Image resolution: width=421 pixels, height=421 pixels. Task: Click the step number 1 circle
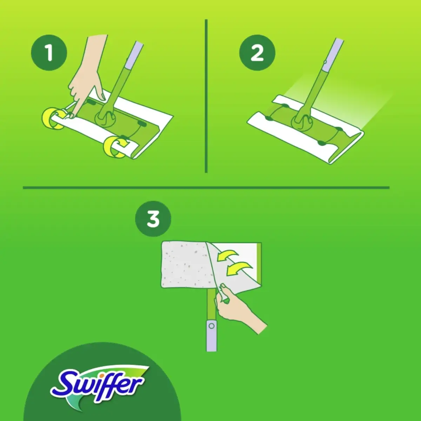pyautogui.click(x=49, y=53)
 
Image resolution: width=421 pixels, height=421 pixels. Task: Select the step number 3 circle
pyautogui.click(x=153, y=219)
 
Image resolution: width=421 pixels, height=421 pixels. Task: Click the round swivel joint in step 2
pyautogui.click(x=302, y=121)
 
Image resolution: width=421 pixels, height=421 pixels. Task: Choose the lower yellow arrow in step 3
pyautogui.click(x=239, y=268)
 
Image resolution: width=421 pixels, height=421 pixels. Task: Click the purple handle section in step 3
pyautogui.click(x=211, y=335)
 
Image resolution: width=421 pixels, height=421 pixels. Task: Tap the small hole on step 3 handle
pyautogui.click(x=211, y=326)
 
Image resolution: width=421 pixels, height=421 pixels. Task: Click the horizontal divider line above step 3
pyautogui.click(x=206, y=188)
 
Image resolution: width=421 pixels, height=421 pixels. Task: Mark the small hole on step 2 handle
pyautogui.click(x=325, y=62)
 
